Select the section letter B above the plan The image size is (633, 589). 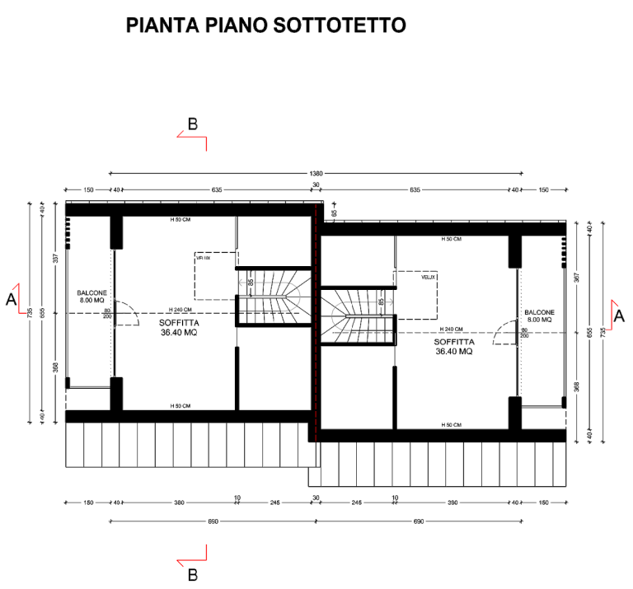pyautogui.click(x=192, y=124)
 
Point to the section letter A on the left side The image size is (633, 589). pyautogui.click(x=11, y=300)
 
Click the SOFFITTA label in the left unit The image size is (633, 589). pyautogui.click(x=180, y=324)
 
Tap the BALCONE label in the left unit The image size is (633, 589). pyautogui.click(x=91, y=293)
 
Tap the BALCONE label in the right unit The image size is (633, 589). pyautogui.click(x=540, y=312)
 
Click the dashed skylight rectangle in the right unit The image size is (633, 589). pyautogui.click(x=415, y=295)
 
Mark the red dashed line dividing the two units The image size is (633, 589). pyautogui.click(x=316, y=330)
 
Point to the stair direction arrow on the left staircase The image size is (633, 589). pyautogui.click(x=246, y=283)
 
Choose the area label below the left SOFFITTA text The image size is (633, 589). pyautogui.click(x=178, y=334)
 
